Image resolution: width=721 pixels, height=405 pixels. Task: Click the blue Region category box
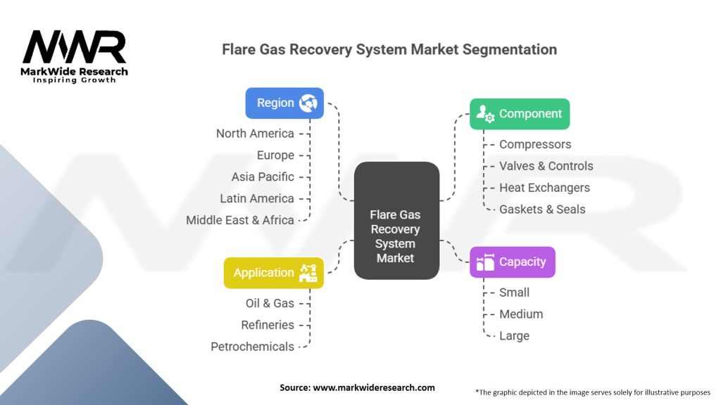284,103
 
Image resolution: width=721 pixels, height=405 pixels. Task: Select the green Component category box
520,114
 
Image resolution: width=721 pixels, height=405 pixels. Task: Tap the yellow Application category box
274,273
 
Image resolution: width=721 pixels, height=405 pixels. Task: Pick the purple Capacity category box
513,262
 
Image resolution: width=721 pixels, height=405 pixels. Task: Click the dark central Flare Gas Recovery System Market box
396,220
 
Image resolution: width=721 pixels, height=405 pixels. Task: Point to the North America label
255,134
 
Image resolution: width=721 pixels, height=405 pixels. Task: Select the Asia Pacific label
263,176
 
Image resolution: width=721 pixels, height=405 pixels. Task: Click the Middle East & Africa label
239,220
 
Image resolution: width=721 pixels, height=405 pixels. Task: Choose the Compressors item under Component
535,144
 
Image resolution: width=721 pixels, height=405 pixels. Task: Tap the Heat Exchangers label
544,188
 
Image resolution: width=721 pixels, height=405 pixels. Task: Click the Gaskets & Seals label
542,210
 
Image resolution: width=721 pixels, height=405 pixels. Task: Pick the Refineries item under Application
268,325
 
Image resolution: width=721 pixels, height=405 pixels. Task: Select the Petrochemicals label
252,347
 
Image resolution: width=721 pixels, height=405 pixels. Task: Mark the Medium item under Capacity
521,314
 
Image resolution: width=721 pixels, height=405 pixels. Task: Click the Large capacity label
514,336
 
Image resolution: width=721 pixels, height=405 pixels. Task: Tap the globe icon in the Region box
308,103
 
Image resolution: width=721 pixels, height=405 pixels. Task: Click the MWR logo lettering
74,47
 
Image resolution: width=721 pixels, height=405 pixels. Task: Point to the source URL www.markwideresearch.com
374,387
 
